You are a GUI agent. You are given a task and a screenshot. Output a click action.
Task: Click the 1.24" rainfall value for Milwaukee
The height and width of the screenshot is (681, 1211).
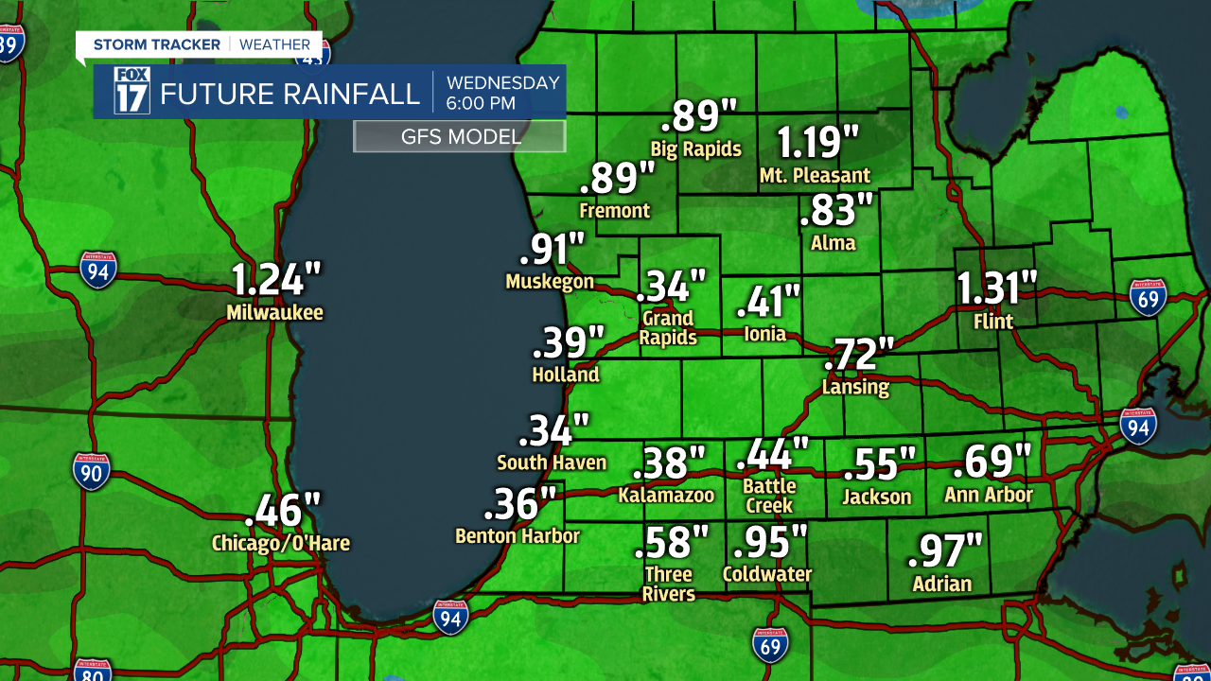[276, 282]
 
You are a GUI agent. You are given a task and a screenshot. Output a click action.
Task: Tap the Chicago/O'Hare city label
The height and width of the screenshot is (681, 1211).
[280, 544]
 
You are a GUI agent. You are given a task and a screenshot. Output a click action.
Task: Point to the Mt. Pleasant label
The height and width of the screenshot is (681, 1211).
[815, 176]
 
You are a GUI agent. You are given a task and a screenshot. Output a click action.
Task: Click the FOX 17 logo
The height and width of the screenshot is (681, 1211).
[132, 91]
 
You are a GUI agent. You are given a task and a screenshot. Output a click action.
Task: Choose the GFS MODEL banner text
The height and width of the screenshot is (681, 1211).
[460, 137]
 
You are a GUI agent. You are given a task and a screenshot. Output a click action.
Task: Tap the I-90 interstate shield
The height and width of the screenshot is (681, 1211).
[91, 471]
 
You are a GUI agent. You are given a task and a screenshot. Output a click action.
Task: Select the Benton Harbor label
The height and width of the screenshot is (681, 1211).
[517, 536]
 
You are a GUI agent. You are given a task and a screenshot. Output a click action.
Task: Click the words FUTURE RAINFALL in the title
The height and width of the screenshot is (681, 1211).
[290, 95]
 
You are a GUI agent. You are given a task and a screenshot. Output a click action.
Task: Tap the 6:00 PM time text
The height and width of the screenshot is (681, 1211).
[481, 103]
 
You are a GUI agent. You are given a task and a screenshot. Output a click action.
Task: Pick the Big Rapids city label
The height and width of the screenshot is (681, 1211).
[695, 149]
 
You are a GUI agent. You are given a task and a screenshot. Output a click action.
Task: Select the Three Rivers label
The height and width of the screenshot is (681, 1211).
[669, 585]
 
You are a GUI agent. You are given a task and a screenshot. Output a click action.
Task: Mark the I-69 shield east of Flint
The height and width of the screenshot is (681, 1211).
[1148, 296]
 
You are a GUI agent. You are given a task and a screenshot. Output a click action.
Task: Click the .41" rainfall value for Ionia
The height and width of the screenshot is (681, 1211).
[768, 302]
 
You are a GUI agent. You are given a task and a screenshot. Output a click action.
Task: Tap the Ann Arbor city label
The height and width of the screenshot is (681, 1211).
[989, 495]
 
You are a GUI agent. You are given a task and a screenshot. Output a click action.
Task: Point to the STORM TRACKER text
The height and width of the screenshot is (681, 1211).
[156, 44]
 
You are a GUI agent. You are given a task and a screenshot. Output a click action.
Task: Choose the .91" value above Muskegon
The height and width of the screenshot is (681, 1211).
[553, 250]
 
